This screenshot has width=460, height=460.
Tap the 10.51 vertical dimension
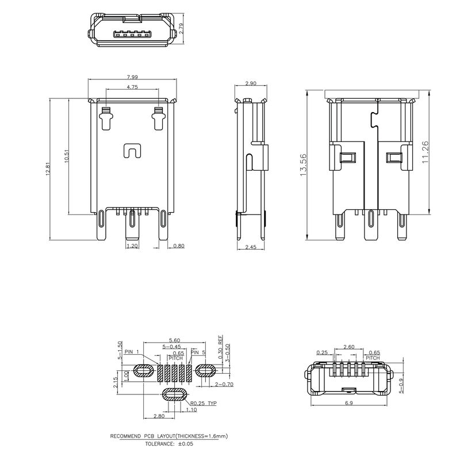[x=67, y=156]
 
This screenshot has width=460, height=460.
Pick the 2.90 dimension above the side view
[x=251, y=84]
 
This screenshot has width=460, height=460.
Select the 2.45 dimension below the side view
[x=251, y=247]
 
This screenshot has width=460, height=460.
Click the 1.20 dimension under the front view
[x=132, y=246]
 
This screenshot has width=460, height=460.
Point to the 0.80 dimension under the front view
[x=178, y=246]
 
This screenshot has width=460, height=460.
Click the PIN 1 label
[x=131, y=352]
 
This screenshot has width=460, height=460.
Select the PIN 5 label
[x=198, y=352]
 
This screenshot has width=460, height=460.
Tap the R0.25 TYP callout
[x=203, y=403]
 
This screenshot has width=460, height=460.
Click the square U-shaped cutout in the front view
[x=132, y=151]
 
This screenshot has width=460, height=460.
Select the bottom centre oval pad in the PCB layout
[x=175, y=394]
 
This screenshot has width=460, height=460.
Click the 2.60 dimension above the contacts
[x=348, y=347]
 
